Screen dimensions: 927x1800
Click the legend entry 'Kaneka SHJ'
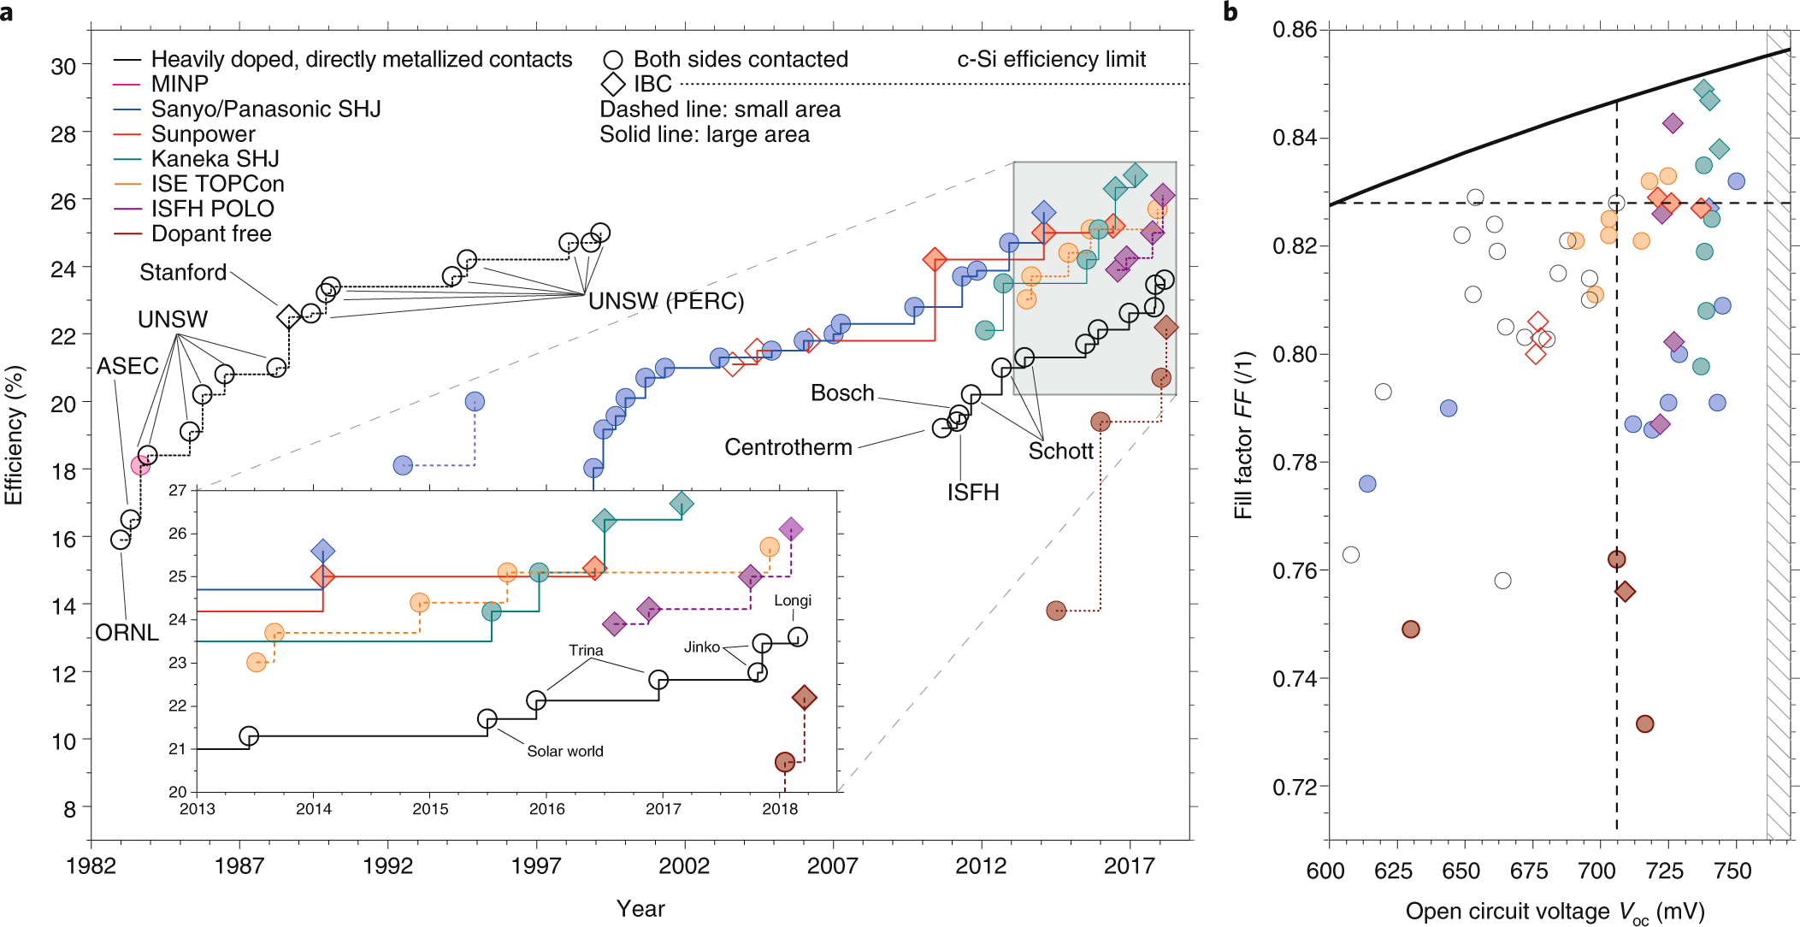215,159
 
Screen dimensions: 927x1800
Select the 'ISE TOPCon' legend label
217,184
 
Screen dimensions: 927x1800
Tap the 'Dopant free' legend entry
211,233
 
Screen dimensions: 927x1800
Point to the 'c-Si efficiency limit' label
1051,59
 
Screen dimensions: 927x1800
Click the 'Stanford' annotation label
183,272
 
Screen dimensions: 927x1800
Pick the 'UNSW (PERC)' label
666,301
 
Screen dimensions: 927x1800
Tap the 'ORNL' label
127,632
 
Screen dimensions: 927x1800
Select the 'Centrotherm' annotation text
788,447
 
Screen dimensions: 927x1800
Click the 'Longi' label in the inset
793,600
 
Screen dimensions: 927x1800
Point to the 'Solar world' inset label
564,751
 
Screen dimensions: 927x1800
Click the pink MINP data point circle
140,465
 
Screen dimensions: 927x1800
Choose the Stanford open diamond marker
288,316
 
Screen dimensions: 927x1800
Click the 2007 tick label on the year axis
832,866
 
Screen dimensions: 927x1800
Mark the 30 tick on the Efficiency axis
63,66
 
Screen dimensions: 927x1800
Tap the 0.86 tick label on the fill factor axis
1294,30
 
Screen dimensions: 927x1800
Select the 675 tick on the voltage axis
1528,871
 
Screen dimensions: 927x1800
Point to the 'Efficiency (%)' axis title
14,435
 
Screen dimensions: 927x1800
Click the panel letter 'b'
1230,12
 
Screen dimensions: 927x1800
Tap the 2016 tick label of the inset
546,809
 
